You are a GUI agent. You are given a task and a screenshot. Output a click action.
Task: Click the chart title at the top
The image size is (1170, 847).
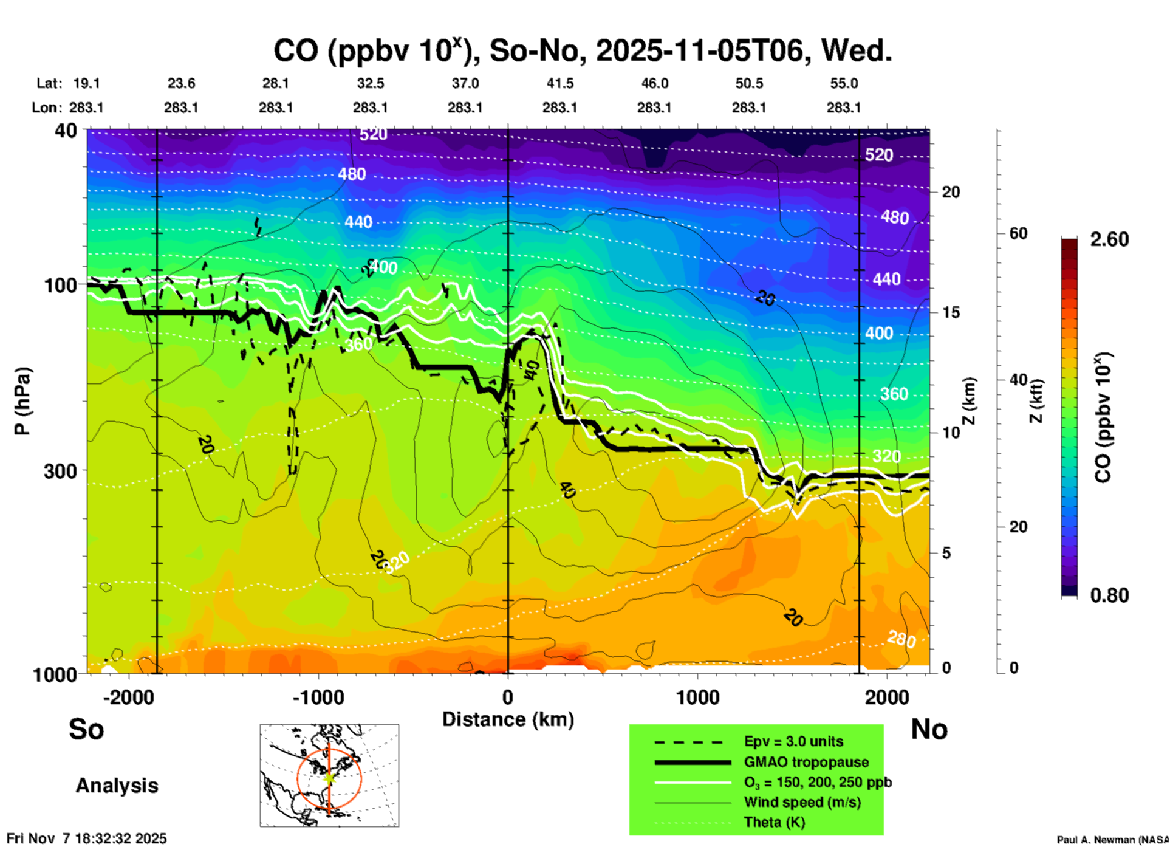point(582,50)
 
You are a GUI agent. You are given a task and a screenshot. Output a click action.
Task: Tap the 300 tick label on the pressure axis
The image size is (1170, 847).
point(60,471)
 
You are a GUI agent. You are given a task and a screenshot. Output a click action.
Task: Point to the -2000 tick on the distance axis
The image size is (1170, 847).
point(129,697)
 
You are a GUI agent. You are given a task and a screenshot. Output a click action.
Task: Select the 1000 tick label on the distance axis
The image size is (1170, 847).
point(697,697)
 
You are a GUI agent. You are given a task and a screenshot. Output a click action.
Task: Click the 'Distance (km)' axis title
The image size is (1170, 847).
point(508,719)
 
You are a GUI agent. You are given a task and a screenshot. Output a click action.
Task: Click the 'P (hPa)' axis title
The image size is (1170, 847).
point(22,401)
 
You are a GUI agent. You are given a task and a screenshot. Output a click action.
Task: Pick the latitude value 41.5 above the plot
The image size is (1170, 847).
point(559,83)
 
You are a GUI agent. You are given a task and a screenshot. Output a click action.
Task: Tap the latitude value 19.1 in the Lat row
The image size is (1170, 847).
point(86,83)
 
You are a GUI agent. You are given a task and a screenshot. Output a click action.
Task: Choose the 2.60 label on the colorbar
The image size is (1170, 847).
point(1109,239)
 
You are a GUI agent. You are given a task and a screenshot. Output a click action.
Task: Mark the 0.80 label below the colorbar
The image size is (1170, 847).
point(1109,595)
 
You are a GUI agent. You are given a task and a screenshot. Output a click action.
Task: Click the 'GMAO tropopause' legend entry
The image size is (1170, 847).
point(806,762)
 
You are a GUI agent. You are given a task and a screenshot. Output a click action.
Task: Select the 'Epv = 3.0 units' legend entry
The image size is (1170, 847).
point(793,741)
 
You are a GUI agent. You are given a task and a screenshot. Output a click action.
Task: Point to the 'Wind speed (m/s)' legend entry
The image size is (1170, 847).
point(802,802)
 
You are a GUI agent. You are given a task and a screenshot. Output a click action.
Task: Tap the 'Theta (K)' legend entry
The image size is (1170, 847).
point(774,822)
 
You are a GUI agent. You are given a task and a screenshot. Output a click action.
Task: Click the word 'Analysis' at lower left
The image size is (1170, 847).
point(117,785)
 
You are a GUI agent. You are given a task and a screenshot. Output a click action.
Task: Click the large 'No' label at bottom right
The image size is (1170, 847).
point(929,729)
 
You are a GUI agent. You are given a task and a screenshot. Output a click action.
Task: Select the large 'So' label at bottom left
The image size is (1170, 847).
point(86,729)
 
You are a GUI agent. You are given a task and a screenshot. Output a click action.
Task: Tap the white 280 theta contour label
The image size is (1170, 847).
point(901,639)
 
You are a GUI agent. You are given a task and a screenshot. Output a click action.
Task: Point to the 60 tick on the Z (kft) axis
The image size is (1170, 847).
point(1018,233)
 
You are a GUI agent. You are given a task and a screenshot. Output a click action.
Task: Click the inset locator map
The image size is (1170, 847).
point(329,775)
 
